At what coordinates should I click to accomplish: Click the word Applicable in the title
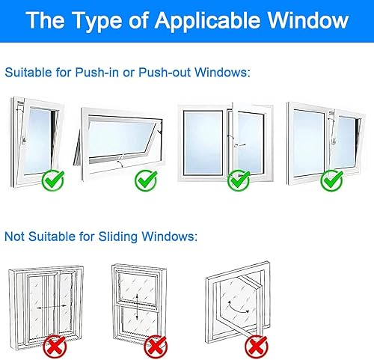pos(207,21)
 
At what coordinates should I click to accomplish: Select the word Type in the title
pos(98,22)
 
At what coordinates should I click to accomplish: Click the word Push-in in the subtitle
pos(97,73)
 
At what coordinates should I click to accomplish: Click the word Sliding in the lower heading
pos(118,237)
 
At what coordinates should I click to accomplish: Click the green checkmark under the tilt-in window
pos(53,180)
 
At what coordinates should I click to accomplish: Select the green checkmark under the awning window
pos(146,180)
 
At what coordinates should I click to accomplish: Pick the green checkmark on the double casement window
pos(239,180)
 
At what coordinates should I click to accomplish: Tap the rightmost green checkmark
pos(331,180)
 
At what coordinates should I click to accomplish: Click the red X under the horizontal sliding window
pos(55,347)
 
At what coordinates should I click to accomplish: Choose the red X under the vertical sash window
pos(156,347)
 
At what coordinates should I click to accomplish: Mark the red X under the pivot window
pos(257,347)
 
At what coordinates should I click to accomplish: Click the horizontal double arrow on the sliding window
pos(52,307)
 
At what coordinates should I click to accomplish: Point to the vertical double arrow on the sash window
pos(137,308)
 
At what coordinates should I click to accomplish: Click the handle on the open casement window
pos(240,144)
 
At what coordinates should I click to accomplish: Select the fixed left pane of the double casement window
pos(203,142)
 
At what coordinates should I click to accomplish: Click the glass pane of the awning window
pos(121,137)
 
